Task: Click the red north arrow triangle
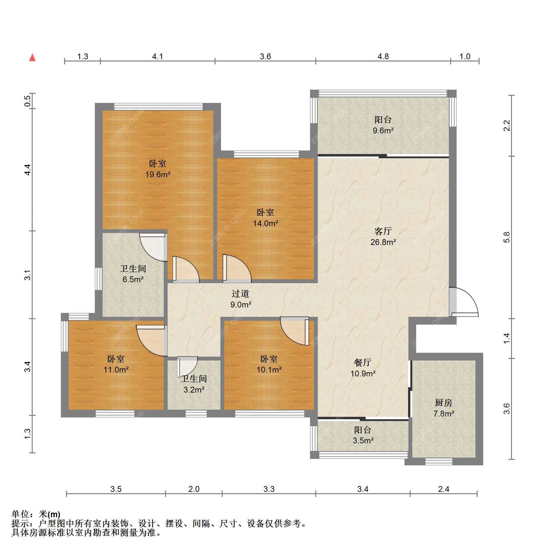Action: pos(32,58)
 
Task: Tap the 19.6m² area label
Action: pos(158,175)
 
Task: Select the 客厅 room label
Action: pos(383,231)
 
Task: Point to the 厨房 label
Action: pos(443,403)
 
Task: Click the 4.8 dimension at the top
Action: pos(383,57)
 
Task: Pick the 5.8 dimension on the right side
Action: pos(507,237)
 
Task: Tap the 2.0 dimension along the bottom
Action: pos(194,489)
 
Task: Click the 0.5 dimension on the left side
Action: pos(28,101)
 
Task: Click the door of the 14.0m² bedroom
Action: pos(237,267)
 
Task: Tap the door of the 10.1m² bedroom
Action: pos(295,331)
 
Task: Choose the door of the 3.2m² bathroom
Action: pos(187,367)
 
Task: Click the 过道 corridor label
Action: pos(240,294)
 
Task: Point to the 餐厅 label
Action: pos(362,362)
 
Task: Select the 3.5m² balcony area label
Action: pos(363,441)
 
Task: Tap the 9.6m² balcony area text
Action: pos(383,131)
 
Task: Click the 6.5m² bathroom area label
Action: pos(133,279)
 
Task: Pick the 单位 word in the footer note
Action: pos(20,514)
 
